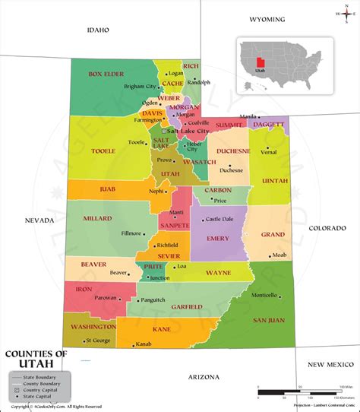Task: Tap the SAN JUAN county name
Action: pos(269,320)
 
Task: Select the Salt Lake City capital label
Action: pos(188,132)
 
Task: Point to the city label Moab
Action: pos(279,254)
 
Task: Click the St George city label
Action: pos(98,340)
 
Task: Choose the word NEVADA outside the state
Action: pos(39,220)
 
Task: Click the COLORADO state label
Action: pos(327,227)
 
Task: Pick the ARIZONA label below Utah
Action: pos(204,377)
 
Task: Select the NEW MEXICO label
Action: pos(327,365)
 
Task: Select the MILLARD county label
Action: pos(97,218)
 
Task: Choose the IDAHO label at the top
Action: pos(98,30)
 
